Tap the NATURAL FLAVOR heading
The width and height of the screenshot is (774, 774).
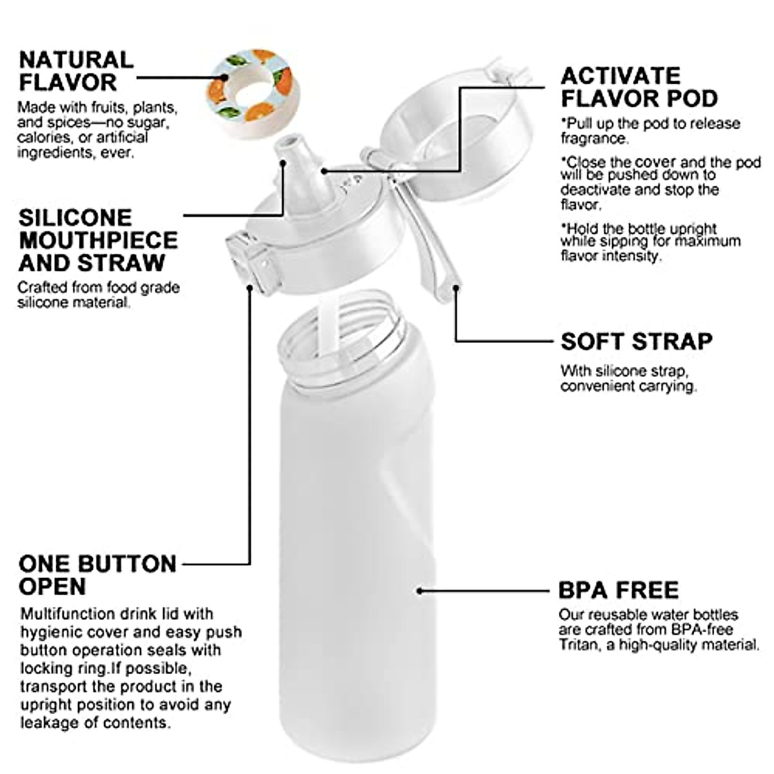point(75,71)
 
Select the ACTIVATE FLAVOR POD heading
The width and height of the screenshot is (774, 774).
point(639,87)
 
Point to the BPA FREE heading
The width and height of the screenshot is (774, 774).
point(618,590)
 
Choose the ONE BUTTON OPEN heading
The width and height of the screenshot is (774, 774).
point(97,575)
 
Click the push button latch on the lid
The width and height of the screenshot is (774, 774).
point(248,261)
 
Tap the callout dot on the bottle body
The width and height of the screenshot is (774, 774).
point(420,590)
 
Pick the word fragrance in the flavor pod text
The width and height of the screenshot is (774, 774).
point(593,138)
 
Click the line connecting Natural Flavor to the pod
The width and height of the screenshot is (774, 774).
point(171,77)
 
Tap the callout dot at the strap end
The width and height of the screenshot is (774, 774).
point(455,287)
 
